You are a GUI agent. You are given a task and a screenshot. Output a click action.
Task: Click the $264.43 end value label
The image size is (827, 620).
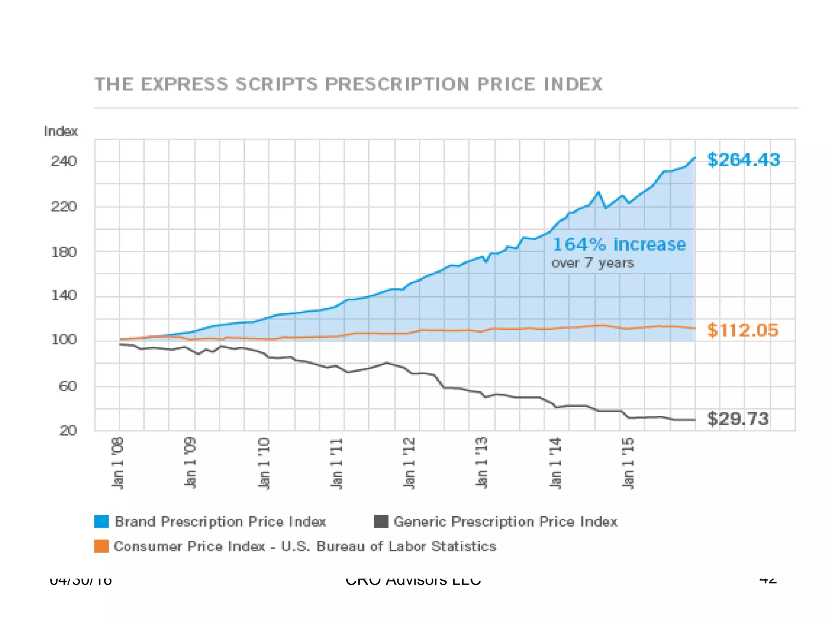click(743, 160)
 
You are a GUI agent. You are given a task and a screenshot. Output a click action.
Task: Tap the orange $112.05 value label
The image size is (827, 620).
click(742, 330)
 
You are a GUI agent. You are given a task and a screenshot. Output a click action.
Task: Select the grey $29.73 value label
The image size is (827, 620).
click(738, 419)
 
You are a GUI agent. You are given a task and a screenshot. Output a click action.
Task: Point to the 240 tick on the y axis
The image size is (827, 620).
click(64, 161)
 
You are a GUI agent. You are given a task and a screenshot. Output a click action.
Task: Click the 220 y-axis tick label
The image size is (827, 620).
click(64, 207)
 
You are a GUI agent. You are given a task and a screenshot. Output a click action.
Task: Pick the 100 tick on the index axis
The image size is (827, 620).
click(64, 339)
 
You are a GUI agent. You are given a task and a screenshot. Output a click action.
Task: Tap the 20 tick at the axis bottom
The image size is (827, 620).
click(68, 430)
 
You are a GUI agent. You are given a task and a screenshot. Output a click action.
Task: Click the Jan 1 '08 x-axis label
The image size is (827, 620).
click(117, 463)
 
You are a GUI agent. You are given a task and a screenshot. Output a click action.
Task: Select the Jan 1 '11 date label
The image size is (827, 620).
click(336, 463)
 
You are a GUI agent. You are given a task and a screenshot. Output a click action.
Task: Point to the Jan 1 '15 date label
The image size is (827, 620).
click(628, 463)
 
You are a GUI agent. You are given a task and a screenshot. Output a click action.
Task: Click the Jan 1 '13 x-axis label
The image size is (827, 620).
click(482, 463)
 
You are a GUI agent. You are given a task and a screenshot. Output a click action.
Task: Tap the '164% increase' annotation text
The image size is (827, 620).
click(619, 245)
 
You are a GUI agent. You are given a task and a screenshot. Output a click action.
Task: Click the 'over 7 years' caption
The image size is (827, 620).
click(592, 263)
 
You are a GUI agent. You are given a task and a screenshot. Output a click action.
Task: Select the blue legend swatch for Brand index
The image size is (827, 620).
click(101, 521)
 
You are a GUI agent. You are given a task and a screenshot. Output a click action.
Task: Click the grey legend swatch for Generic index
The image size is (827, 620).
click(381, 521)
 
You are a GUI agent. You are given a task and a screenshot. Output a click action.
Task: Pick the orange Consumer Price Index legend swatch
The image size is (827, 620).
click(101, 546)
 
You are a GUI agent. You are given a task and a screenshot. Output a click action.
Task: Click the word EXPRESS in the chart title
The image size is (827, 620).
click(185, 84)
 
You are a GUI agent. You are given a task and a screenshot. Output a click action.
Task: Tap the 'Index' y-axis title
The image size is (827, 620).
click(61, 132)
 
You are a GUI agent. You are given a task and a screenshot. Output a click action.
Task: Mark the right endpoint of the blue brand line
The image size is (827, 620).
click(695, 157)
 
